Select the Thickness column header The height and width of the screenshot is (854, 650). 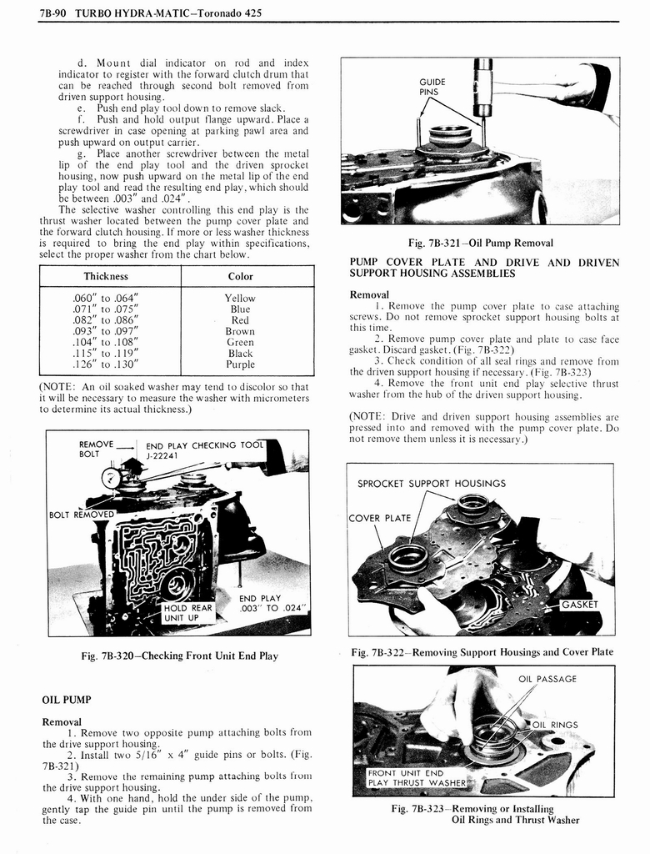coord(106,276)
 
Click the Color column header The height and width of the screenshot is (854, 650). coord(240,276)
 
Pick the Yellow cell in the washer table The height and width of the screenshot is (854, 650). coord(240,298)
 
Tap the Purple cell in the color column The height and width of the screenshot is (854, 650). coord(240,364)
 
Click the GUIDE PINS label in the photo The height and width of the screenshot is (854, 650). coord(432,87)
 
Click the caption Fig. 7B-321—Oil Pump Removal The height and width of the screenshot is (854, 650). coord(480,243)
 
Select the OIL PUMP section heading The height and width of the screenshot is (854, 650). coord(66,699)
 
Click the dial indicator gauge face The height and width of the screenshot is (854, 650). coord(111,478)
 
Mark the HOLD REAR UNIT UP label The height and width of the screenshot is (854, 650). coord(187,612)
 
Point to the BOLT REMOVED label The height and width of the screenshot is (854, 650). coord(81,515)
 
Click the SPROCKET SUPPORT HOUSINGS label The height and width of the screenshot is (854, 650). coord(431,483)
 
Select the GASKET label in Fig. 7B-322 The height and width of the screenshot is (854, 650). coord(582,605)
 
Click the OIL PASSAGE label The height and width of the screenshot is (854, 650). coord(547,679)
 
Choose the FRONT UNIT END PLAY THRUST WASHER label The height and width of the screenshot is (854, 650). coord(416,777)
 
